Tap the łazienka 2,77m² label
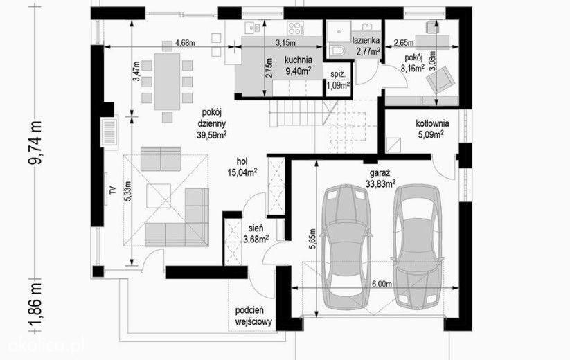coord(366,46)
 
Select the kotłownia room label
coord(432,129)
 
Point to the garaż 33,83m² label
coord(380,178)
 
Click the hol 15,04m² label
coord(242,167)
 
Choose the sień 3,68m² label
coord(256,233)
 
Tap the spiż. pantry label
coord(338,80)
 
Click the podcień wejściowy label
coord(253,316)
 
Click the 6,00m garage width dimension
coord(381,284)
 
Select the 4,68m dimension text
coord(185,42)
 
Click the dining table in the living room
coord(167,82)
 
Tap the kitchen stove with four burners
coord(295,28)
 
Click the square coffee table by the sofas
coord(159,196)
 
